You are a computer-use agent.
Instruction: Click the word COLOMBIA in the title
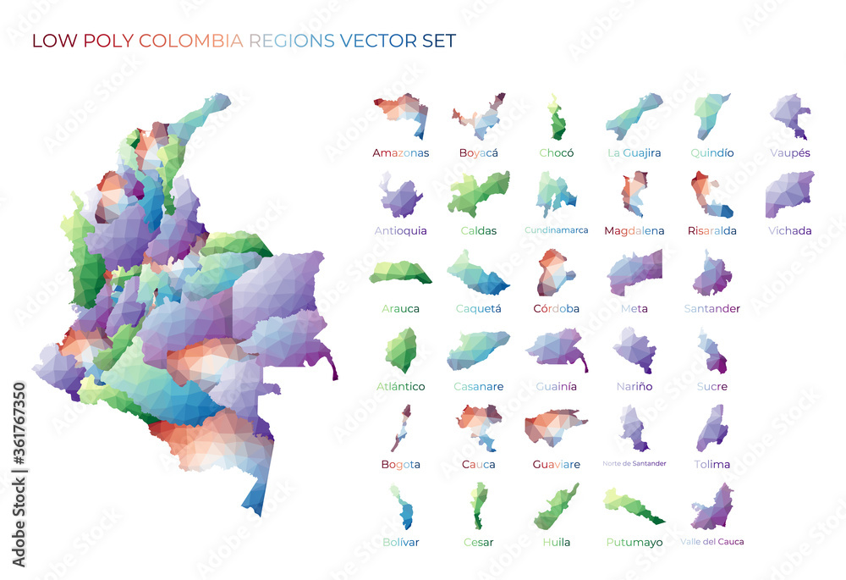190,41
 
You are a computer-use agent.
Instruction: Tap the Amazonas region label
400,153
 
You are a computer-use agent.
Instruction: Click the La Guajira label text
634,153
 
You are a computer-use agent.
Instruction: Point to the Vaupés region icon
789,116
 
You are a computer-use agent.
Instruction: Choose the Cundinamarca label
556,230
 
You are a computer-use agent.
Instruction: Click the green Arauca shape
399,273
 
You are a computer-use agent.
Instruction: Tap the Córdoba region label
556,309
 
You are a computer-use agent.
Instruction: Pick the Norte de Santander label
634,463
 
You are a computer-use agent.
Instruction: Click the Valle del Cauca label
711,542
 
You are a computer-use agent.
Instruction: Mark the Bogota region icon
399,428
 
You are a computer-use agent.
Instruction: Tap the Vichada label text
789,230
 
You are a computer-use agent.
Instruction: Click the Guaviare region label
556,465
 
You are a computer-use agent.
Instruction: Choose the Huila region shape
556,506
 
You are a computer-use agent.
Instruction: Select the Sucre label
711,387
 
